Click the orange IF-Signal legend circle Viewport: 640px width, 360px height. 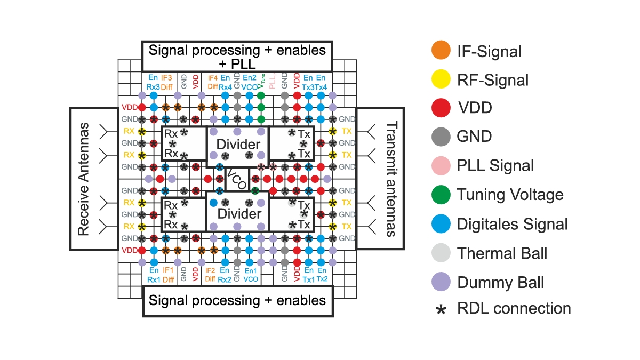440,51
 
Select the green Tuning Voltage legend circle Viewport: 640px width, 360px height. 440,194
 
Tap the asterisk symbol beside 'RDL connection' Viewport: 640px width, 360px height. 441,309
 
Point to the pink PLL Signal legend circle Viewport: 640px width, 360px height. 440,165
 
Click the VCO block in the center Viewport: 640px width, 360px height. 237,179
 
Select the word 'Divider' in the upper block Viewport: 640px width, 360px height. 238,145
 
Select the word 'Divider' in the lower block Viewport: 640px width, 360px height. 238,214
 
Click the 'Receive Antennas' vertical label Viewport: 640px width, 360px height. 83,179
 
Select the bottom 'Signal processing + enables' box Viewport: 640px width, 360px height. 237,300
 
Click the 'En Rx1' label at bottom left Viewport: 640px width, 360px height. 154,275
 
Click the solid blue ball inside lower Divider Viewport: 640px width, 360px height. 213,203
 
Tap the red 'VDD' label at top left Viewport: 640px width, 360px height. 129,107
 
